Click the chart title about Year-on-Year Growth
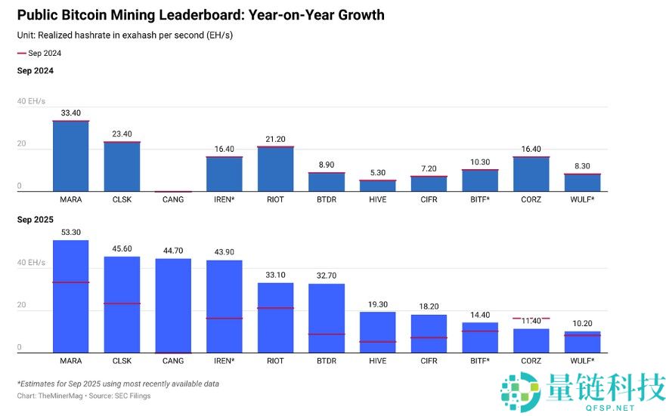point(200,15)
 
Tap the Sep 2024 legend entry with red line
point(39,54)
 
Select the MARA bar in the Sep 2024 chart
point(71,156)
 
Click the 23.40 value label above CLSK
point(122,134)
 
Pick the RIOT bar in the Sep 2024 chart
point(275,169)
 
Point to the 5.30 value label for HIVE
point(378,173)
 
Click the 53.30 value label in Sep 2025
point(71,232)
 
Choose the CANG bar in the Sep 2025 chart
point(173,306)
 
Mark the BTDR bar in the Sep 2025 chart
point(327,318)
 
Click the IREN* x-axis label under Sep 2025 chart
point(224,361)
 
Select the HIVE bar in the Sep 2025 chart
point(378,332)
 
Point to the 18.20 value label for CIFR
point(429,307)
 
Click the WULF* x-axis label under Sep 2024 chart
point(582,200)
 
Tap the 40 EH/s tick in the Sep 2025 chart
point(31,263)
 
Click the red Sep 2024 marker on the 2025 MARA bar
point(71,282)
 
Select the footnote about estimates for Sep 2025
point(118,384)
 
